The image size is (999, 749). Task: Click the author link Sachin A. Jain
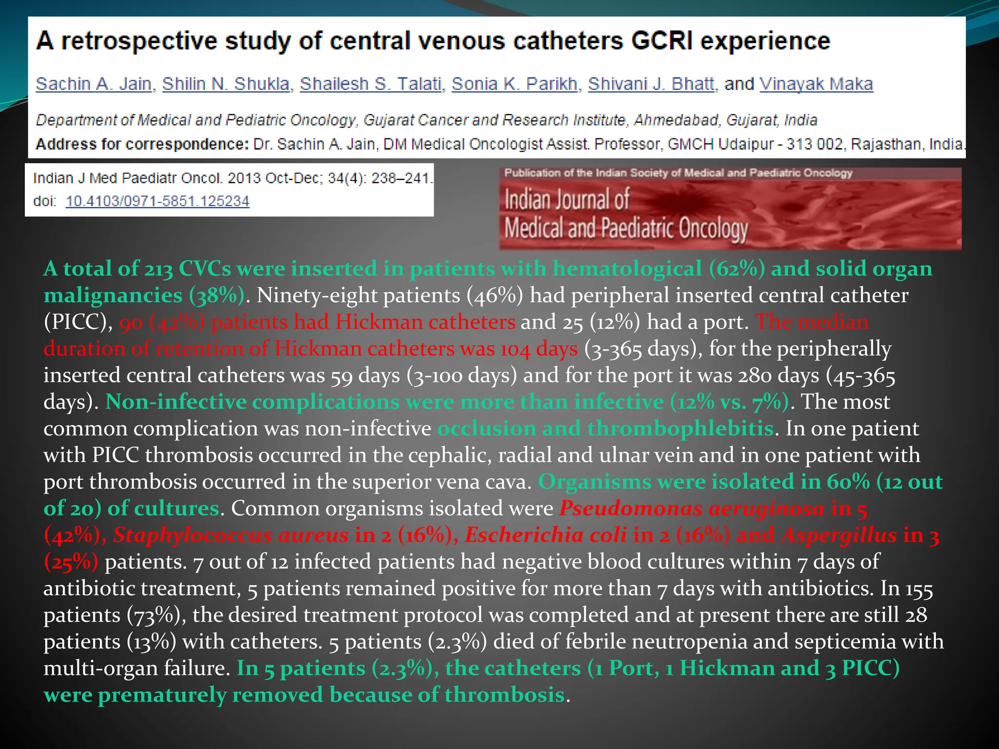[x=93, y=84]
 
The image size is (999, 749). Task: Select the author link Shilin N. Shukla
[x=226, y=84]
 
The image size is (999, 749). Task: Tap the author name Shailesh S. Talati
[x=370, y=84]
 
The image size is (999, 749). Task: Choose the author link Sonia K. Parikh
[x=514, y=84]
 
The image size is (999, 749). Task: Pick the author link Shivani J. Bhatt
[x=651, y=84]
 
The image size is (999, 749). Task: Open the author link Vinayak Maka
[x=816, y=84]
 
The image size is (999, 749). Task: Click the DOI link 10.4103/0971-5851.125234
[x=158, y=201]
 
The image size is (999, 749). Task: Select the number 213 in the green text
[x=159, y=269]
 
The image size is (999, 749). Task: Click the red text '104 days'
[x=539, y=349]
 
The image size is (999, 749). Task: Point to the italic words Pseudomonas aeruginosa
[x=692, y=509]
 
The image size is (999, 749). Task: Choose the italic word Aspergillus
[x=839, y=535]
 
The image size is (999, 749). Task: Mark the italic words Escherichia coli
[x=545, y=535]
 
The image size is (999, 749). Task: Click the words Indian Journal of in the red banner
[x=567, y=200]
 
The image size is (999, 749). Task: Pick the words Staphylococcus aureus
[x=231, y=535]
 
